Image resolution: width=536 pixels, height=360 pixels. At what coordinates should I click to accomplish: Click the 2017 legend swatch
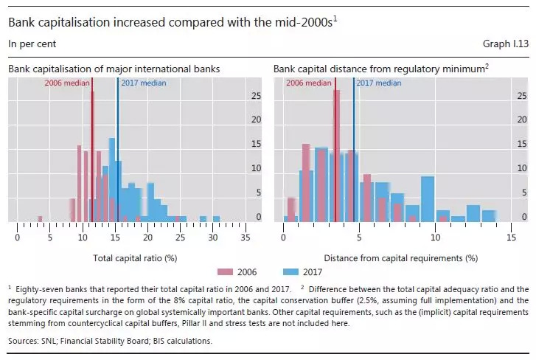coord(296,271)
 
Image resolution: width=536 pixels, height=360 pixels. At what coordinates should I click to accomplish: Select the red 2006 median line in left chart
coord(92,148)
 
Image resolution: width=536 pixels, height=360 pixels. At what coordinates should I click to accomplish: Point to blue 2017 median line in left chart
coord(118,148)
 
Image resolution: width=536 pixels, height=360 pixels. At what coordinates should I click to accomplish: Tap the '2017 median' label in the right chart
coord(378,83)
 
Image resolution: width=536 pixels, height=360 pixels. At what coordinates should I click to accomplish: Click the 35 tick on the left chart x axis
coord(246,238)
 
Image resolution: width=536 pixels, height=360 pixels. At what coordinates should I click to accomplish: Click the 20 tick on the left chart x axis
coord(148,238)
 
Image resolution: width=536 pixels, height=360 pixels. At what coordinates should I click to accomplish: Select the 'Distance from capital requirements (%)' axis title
coord(401,258)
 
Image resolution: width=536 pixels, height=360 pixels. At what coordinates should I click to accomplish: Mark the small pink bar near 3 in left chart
coord(40,218)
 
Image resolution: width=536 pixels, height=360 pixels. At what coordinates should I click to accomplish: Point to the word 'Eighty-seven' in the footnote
coord(38,287)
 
